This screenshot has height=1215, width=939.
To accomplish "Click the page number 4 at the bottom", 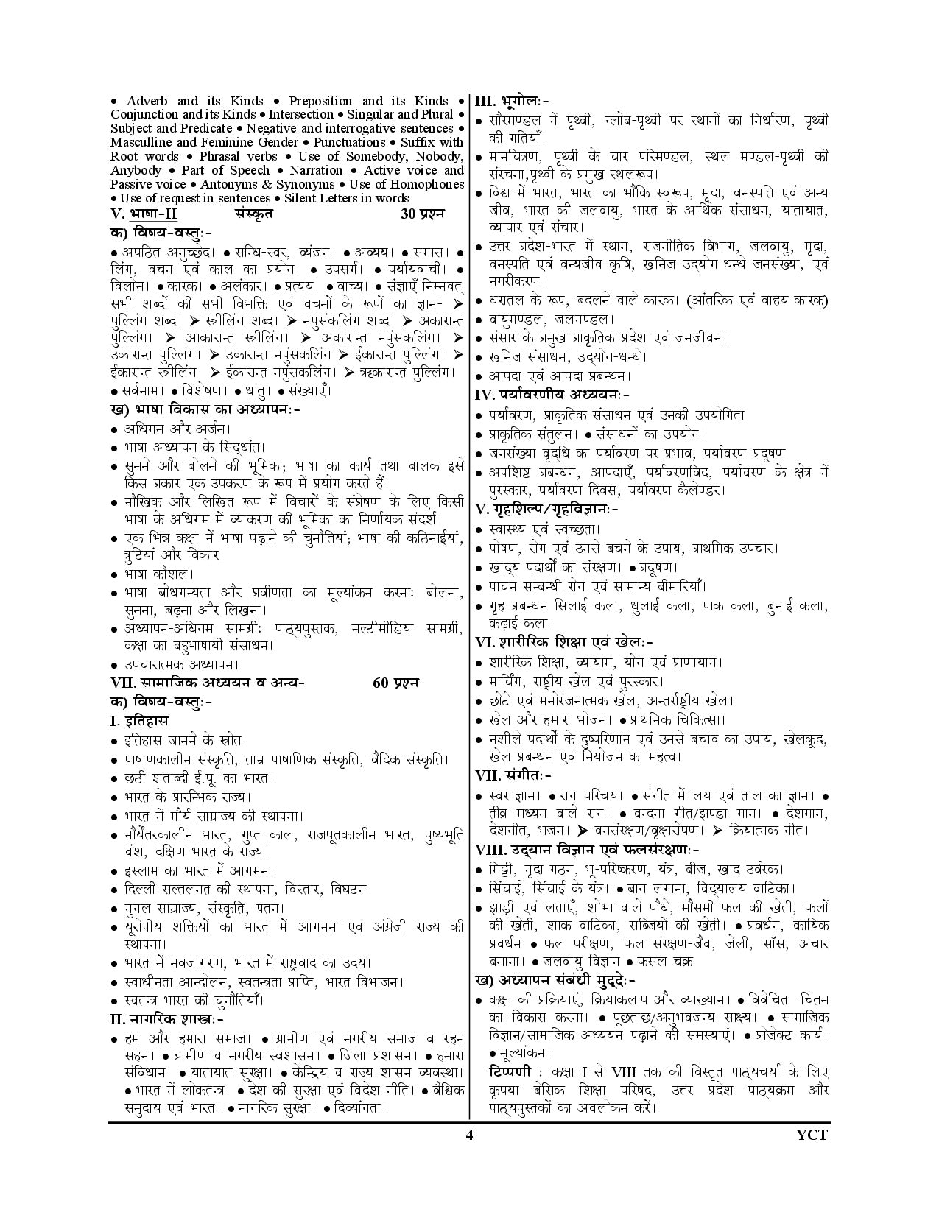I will pos(469,1134).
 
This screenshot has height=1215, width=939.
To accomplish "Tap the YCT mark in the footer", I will pos(812,1134).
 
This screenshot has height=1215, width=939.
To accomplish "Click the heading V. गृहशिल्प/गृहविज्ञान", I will pos(547,508).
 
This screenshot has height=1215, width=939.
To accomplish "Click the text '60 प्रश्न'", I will pos(395,682).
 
